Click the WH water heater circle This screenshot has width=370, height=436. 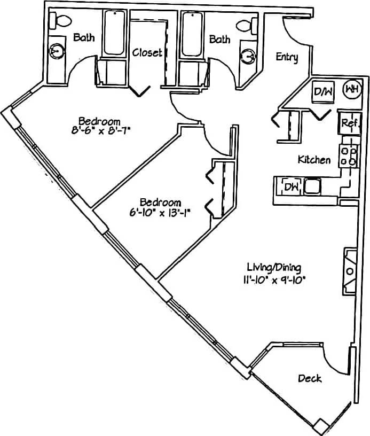click(351, 89)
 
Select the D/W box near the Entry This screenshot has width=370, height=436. click(322, 92)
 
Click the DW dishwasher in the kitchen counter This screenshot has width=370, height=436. click(290, 186)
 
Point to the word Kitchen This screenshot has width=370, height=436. click(314, 160)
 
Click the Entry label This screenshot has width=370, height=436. click(287, 57)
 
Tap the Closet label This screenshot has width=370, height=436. click(147, 52)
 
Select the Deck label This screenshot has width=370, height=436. click(310, 379)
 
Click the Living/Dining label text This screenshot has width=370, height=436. click(274, 267)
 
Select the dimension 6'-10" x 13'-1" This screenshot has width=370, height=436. click(160, 212)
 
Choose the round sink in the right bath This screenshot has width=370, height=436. click(248, 56)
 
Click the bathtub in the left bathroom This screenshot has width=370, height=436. click(115, 33)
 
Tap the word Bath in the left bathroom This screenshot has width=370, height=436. click(84, 38)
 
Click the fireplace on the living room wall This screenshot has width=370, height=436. click(350, 271)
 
